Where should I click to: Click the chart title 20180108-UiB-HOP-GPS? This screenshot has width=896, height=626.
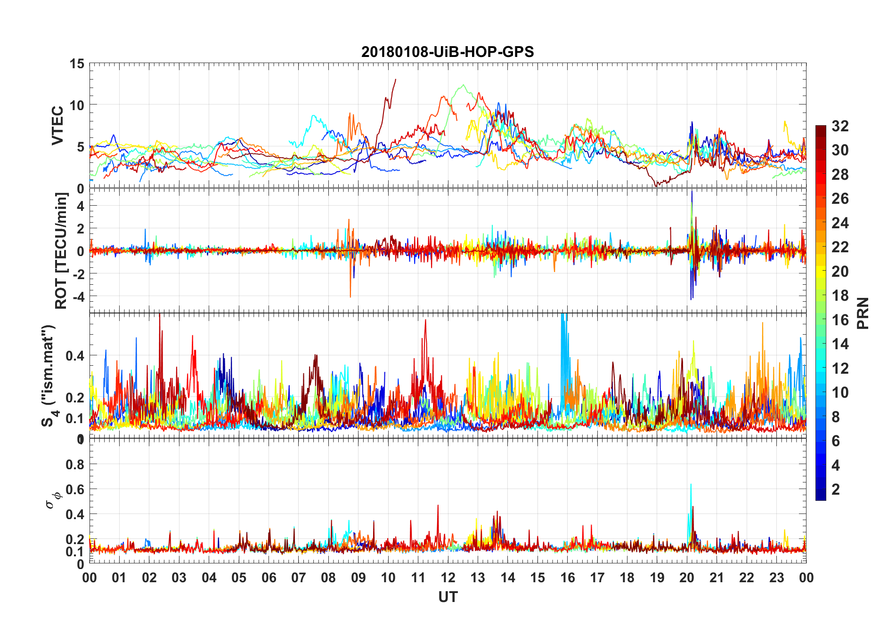pos(448,52)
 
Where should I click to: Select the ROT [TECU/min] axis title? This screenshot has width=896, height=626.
pos(61,250)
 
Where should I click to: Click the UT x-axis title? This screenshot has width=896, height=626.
pos(448,597)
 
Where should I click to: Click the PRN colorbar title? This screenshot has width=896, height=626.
pos(863,313)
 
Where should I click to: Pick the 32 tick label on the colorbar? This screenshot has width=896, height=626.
pos(840,126)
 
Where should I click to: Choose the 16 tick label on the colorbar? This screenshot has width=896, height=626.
pos(840,320)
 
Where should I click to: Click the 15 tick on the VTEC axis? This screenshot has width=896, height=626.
pos(77,64)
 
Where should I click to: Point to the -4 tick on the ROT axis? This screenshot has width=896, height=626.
pos(77,297)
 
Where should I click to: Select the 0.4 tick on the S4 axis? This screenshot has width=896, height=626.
pos(75,355)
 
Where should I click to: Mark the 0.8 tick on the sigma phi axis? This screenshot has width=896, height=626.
pos(75,465)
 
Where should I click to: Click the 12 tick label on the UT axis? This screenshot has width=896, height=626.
pos(448,578)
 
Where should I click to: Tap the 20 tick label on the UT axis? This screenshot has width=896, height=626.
pos(687,578)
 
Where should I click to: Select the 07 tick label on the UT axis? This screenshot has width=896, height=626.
pos(299,578)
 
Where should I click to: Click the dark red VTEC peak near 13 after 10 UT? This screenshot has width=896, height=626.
pos(395,80)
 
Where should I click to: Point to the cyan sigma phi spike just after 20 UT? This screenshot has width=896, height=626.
pos(691,485)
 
